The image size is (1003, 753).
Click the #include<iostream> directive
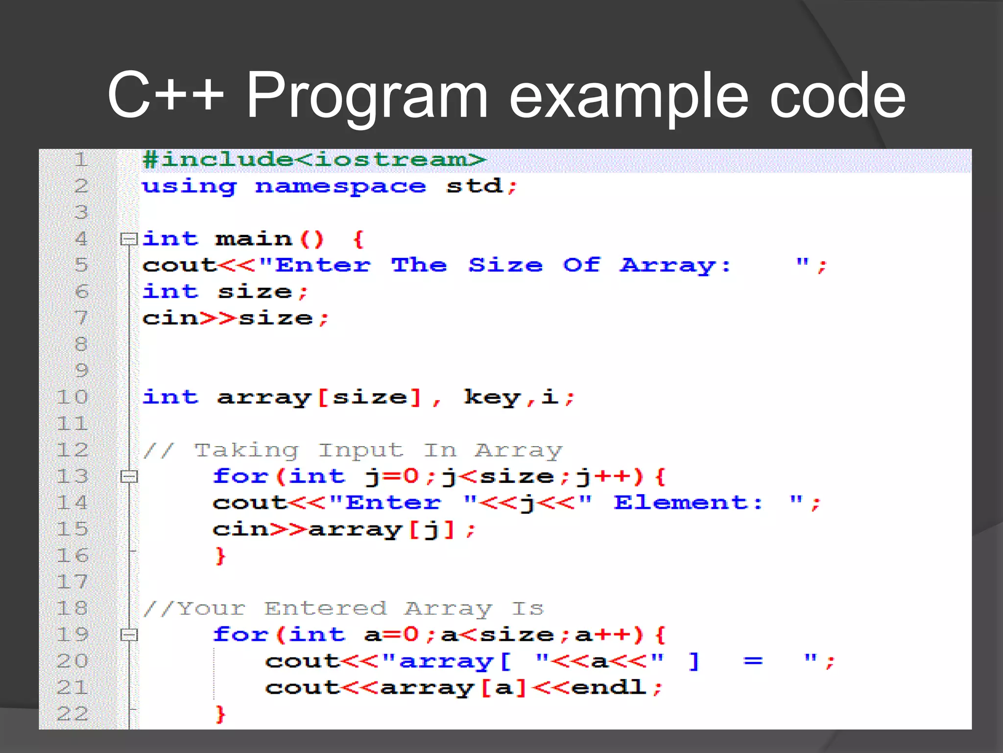pyautogui.click(x=313, y=160)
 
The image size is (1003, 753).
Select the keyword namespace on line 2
pyautogui.click(x=340, y=187)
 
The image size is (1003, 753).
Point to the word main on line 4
pyautogui.click(x=254, y=239)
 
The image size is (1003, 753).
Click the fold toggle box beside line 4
pyautogui.click(x=129, y=239)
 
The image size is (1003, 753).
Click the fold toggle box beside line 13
pyautogui.click(x=129, y=477)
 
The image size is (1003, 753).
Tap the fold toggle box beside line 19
pyautogui.click(x=129, y=635)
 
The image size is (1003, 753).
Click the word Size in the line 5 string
pyautogui.click(x=505, y=265)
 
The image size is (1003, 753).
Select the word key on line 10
pyautogui.click(x=492, y=398)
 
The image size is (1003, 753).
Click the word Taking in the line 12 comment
pyautogui.click(x=246, y=451)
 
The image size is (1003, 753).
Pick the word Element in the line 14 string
pyautogui.click(x=688, y=503)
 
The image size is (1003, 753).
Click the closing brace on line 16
pyautogui.click(x=220, y=556)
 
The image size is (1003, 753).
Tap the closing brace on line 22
pyautogui.click(x=220, y=714)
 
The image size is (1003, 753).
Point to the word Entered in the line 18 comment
pyautogui.click(x=326, y=609)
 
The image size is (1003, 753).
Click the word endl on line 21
pyautogui.click(x=609, y=688)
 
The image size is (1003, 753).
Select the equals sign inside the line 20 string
pyautogui.click(x=753, y=661)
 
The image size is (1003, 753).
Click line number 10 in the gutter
pyautogui.click(x=72, y=398)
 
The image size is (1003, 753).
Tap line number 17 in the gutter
pyautogui.click(x=72, y=582)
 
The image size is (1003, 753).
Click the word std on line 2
pyautogui.click(x=474, y=187)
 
